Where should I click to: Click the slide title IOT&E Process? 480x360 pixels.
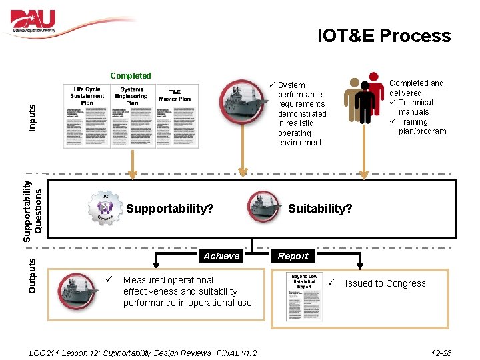(384, 36)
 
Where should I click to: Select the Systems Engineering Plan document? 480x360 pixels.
(132, 116)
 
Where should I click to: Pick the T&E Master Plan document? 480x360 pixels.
(175, 116)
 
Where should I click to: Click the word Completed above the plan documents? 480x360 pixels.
(131, 76)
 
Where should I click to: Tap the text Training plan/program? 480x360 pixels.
(422, 127)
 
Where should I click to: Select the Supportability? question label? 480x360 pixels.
(169, 209)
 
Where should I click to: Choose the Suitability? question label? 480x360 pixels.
(320, 209)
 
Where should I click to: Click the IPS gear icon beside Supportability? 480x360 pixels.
(105, 207)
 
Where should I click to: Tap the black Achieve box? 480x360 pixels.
(221, 256)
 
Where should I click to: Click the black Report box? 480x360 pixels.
(293, 256)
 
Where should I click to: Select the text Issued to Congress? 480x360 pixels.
(385, 283)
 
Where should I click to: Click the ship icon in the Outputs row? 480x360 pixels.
(77, 291)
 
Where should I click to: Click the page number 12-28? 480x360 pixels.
(441, 353)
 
